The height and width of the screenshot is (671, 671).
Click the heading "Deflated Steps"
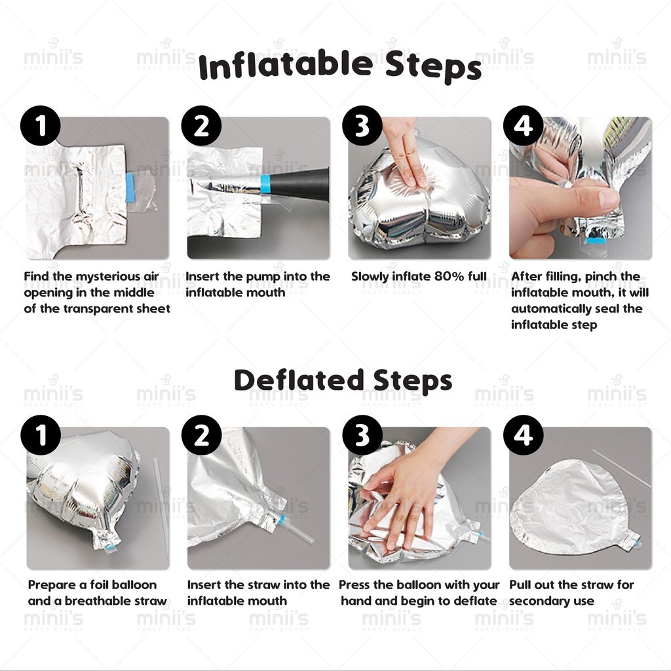[343, 380]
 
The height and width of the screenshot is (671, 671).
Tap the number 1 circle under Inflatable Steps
[41, 126]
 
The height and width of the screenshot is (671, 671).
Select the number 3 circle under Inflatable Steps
[362, 126]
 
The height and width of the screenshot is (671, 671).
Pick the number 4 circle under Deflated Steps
[523, 435]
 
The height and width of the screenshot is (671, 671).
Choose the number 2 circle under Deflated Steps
[202, 435]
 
